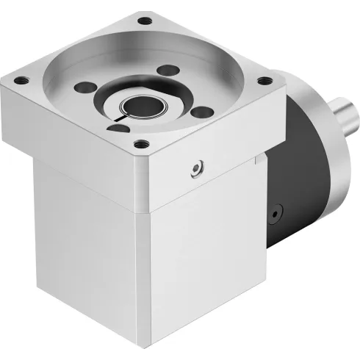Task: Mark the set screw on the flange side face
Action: (x=195, y=170)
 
